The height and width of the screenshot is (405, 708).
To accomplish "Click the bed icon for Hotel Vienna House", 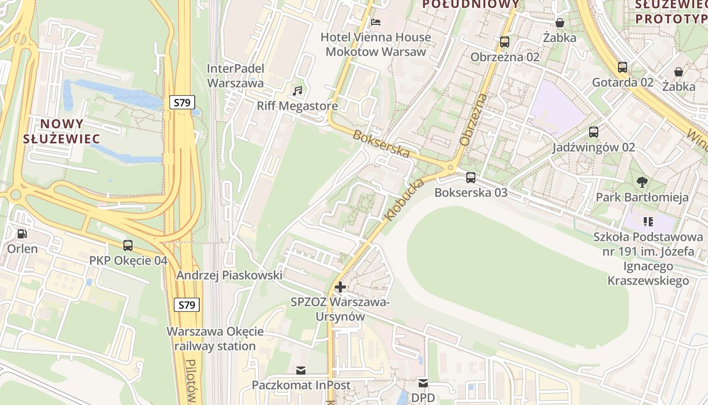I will pyautogui.click(x=376, y=22).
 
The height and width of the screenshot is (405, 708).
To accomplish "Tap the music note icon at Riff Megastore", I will pyautogui.click(x=297, y=91).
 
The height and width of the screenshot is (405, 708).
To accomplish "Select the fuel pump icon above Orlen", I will pyautogui.click(x=22, y=234).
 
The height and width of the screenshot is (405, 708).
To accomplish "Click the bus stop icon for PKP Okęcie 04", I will pyautogui.click(x=128, y=246).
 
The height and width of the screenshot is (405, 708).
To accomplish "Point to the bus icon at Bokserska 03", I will pyautogui.click(x=471, y=178).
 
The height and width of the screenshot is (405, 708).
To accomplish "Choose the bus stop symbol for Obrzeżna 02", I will pyautogui.click(x=505, y=42).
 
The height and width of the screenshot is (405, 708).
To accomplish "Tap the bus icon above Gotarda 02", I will pyautogui.click(x=623, y=67).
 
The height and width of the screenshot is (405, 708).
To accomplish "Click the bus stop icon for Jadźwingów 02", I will pyautogui.click(x=594, y=132).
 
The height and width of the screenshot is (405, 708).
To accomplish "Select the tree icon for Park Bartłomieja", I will pyautogui.click(x=642, y=182).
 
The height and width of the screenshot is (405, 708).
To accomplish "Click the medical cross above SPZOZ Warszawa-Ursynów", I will pyautogui.click(x=340, y=287).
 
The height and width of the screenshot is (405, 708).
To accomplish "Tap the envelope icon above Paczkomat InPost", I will pyautogui.click(x=301, y=371).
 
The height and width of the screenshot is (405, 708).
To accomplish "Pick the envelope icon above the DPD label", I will pyautogui.click(x=423, y=383).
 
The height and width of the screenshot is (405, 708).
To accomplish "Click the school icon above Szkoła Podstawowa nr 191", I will pyautogui.click(x=648, y=221).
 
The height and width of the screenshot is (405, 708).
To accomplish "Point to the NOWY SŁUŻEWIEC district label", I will pyautogui.click(x=61, y=131).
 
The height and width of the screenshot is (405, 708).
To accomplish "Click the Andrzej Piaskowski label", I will pyautogui.click(x=229, y=275).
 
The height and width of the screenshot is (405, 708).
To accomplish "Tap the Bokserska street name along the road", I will pyautogui.click(x=381, y=144).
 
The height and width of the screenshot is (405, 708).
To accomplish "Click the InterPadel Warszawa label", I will pyautogui.click(x=236, y=75).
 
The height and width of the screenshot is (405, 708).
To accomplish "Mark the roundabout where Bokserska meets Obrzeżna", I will pyautogui.click(x=450, y=168).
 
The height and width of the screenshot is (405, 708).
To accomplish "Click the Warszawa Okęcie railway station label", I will pyautogui.click(x=215, y=339).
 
